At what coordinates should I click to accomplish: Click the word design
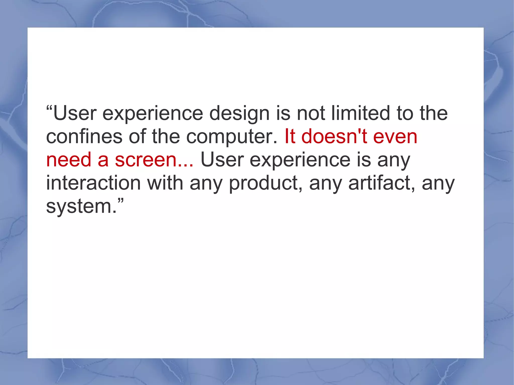pos(239,114)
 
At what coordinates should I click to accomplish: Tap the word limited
pos(361,113)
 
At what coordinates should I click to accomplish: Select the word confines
pos(84,137)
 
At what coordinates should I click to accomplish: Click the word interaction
pos(93,183)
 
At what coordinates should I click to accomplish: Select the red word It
pos(290,137)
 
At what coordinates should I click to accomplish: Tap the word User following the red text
pos(222,160)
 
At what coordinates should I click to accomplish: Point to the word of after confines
pos(137,137)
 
